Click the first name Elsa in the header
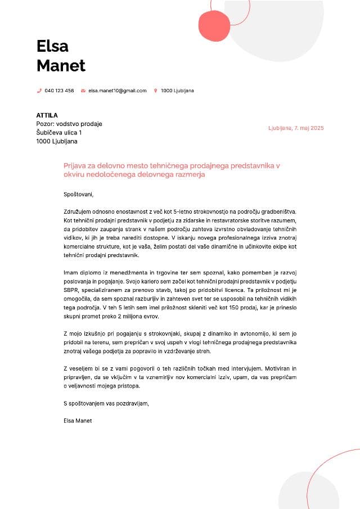pyautogui.click(x=52, y=46)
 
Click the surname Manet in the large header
pyautogui.click(x=61, y=65)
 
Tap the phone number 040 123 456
pyautogui.click(x=59, y=91)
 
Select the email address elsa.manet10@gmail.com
pyautogui.click(x=117, y=91)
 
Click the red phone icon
pyautogui.click(x=39, y=91)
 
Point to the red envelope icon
pyautogui.click(x=83, y=91)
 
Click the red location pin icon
pyautogui.click(x=156, y=91)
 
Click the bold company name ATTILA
pyautogui.click(x=47, y=115)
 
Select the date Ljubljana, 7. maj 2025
pyautogui.click(x=296, y=128)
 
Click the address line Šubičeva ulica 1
pyautogui.click(x=59, y=132)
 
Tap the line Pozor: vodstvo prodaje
pyautogui.click(x=69, y=124)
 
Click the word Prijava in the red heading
pyautogui.click(x=76, y=166)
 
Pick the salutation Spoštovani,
pyautogui.click(x=79, y=195)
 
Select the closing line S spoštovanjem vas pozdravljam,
pyautogui.click(x=106, y=403)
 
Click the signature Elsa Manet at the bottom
pyautogui.click(x=78, y=420)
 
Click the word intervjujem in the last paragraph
pyautogui.click(x=242, y=368)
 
